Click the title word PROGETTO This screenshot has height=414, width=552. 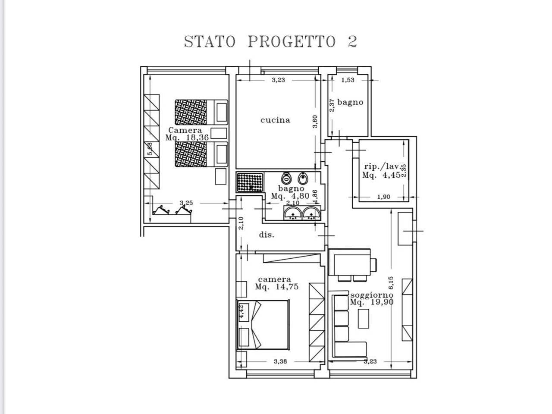[292, 42]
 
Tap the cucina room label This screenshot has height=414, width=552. [275, 120]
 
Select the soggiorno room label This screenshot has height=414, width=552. [371, 295]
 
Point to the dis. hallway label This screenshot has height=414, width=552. [267, 235]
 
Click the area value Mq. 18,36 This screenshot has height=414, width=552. [187, 138]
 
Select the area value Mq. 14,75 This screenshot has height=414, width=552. [276, 287]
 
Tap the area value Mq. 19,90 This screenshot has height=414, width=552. [371, 302]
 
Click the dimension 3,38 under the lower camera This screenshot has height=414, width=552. [280, 361]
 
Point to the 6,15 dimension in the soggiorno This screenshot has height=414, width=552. [391, 283]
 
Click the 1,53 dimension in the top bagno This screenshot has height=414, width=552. [348, 80]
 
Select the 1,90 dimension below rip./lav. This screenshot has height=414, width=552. [383, 197]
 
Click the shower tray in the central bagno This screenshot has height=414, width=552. [250, 182]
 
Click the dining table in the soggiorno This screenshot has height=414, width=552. [349, 263]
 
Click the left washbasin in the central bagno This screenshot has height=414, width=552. [294, 213]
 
